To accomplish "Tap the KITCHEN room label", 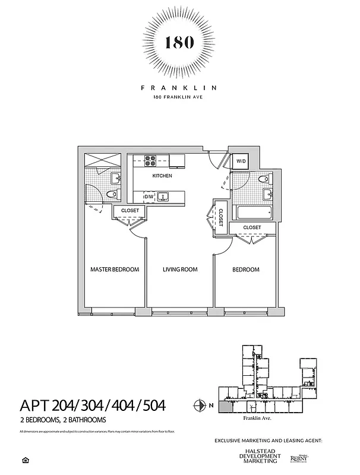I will click(x=162, y=176).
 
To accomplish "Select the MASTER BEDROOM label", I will click(x=115, y=270).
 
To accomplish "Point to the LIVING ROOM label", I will click(x=180, y=270).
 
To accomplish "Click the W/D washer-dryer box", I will click(x=241, y=161).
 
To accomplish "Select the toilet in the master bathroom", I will click(x=110, y=195).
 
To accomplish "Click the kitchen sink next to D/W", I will click(x=167, y=196).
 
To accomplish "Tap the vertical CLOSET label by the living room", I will click(x=220, y=217).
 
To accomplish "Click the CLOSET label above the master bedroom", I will click(x=130, y=211).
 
